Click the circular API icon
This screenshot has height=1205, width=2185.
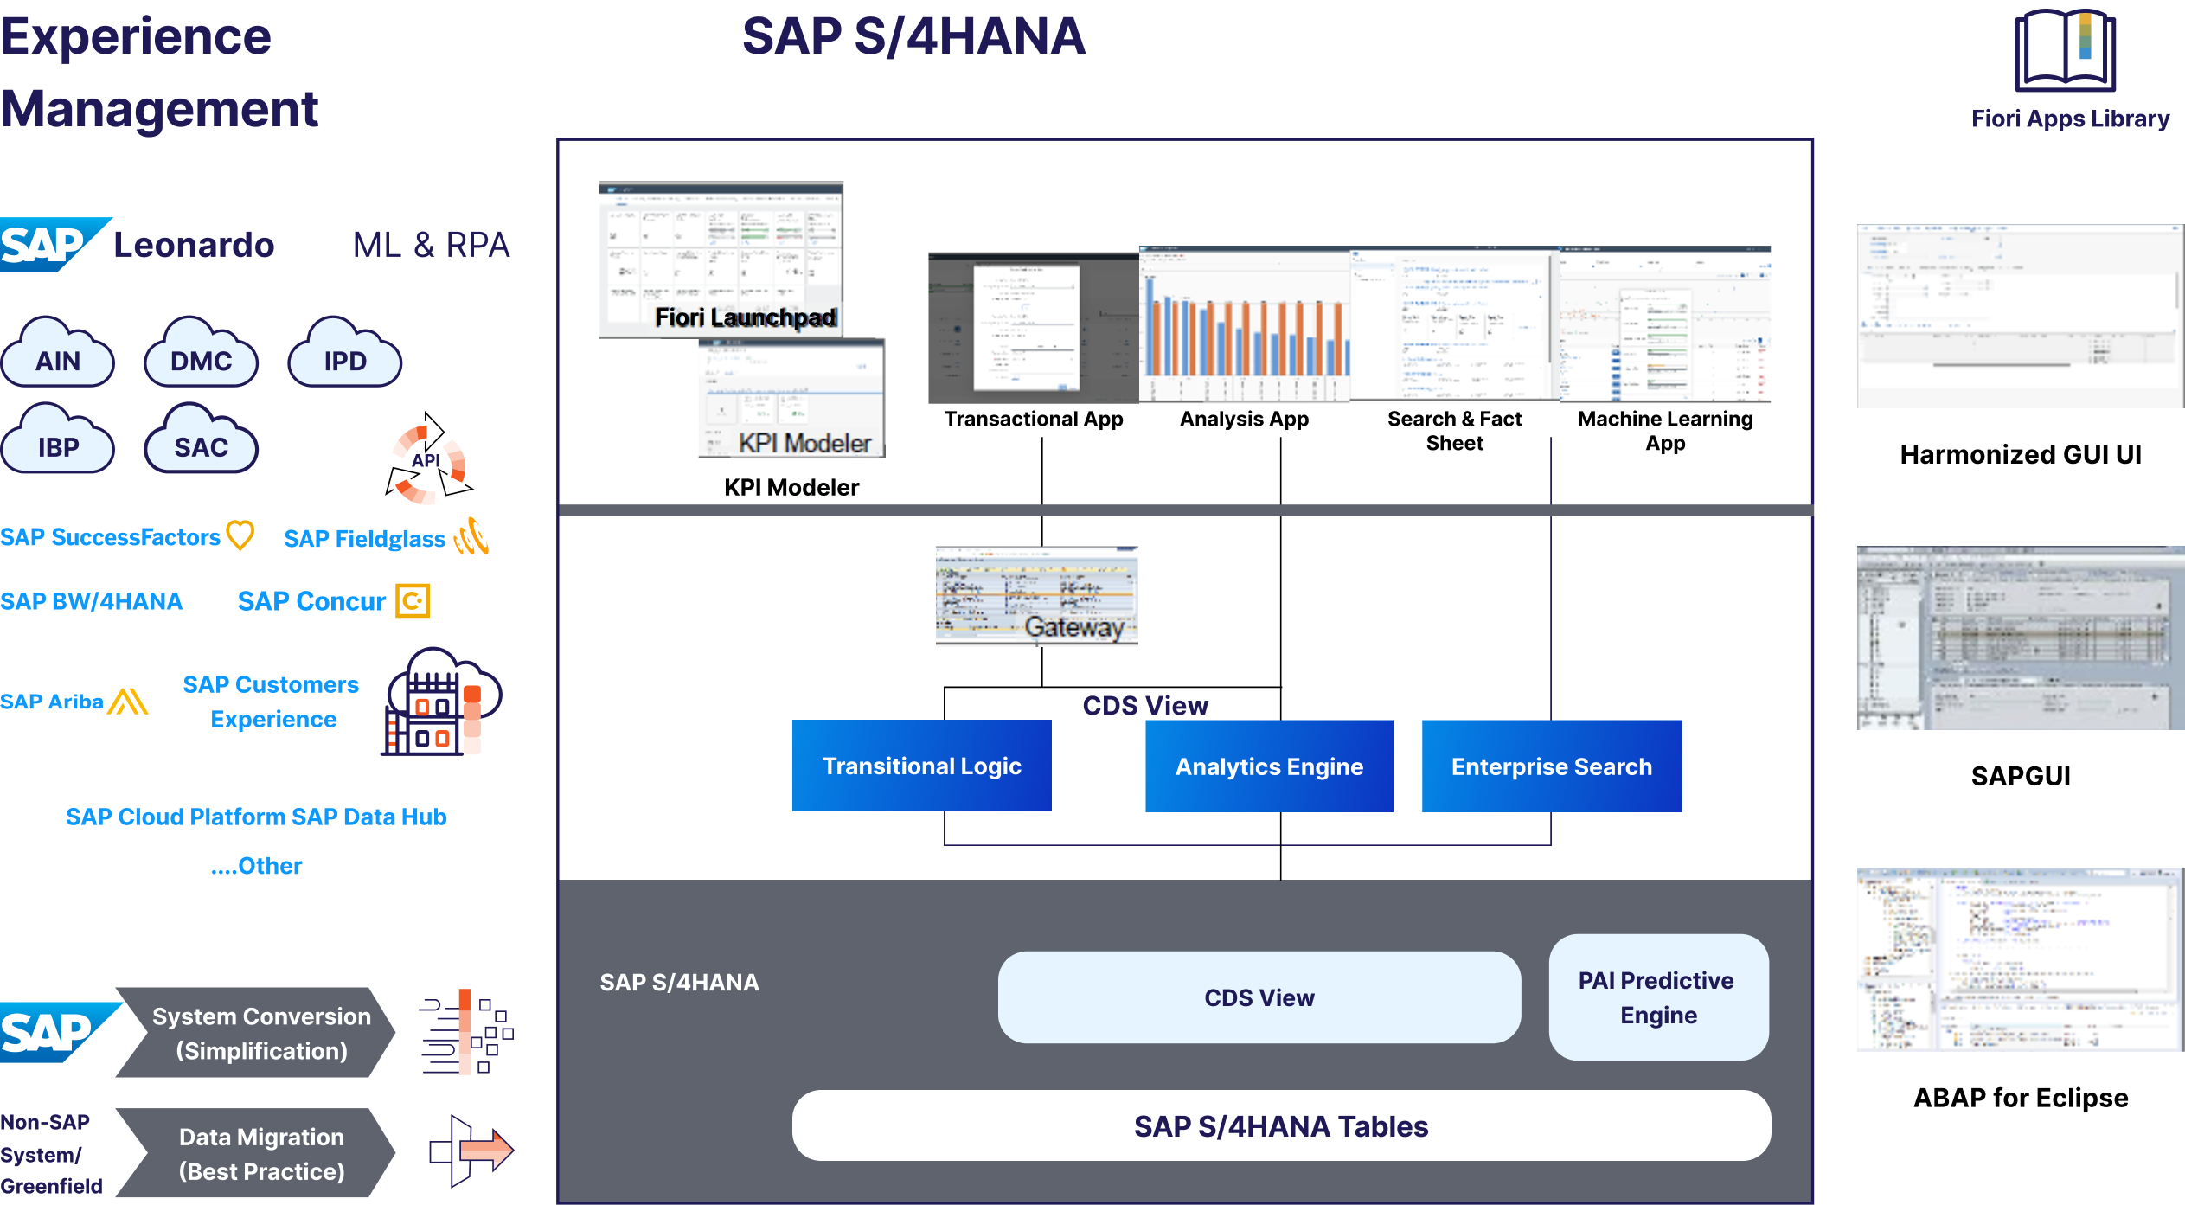pyautogui.click(x=428, y=464)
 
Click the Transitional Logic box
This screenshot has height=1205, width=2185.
pyautogui.click(x=921, y=766)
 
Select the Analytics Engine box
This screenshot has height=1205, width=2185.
pyautogui.click(x=1269, y=766)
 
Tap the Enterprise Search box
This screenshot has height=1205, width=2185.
pyautogui.click(x=1552, y=766)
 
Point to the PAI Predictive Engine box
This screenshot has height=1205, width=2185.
pyautogui.click(x=1658, y=997)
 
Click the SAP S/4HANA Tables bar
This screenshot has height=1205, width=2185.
pyautogui.click(x=1281, y=1125)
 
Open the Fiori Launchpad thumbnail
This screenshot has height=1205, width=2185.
pyautogui.click(x=721, y=259)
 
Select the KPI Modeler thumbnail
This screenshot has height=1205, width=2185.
pyautogui.click(x=791, y=398)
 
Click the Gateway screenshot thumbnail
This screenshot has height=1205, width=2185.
pyautogui.click(x=1036, y=596)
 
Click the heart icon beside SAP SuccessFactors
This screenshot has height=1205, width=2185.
pyautogui.click(x=240, y=535)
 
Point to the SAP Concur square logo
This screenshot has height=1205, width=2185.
pyautogui.click(x=413, y=600)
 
